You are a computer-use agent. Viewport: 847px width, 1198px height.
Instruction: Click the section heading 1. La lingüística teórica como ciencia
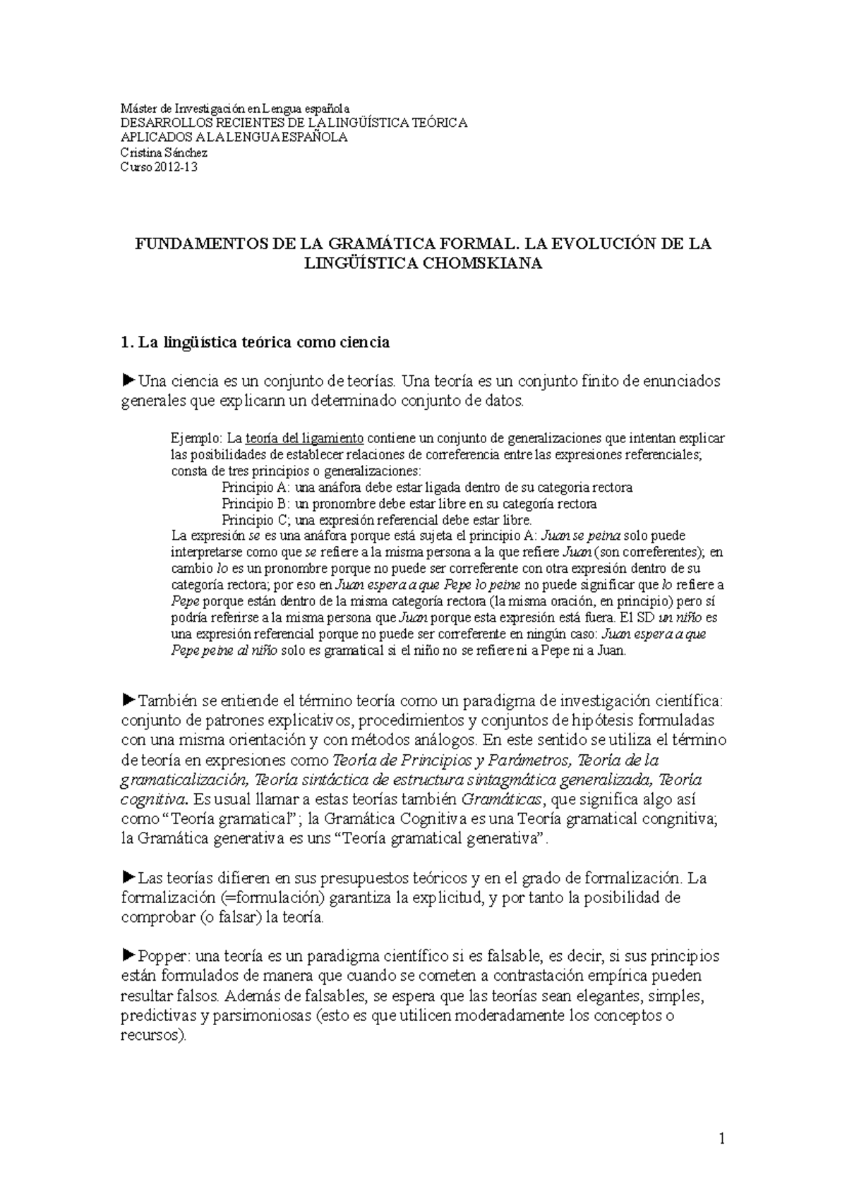click(x=256, y=343)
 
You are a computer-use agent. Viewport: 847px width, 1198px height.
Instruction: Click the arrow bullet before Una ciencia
click(x=128, y=381)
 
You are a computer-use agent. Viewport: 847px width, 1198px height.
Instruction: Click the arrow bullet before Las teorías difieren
click(x=128, y=878)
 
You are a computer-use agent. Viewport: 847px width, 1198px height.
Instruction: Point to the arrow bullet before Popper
click(x=128, y=956)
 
